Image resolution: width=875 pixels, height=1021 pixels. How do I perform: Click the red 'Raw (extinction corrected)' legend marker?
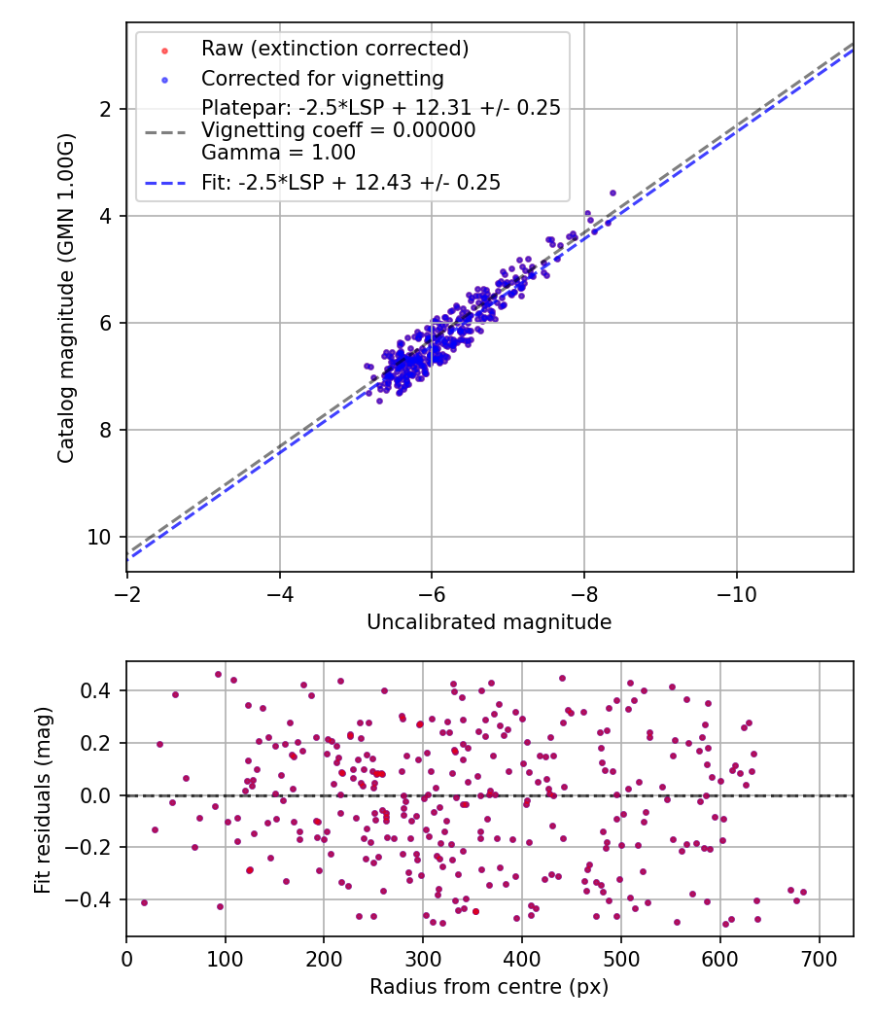point(164,50)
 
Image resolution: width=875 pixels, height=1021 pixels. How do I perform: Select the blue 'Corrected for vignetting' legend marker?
point(164,79)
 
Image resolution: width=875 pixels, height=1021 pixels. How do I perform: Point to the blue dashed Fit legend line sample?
point(164,182)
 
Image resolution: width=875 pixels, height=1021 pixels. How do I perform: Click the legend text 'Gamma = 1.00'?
point(278,153)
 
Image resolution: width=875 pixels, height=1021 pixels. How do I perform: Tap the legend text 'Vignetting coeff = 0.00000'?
point(338,130)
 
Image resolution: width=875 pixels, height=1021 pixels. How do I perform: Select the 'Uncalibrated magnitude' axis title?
point(489,622)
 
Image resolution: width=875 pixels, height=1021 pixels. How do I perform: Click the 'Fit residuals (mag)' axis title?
point(44,799)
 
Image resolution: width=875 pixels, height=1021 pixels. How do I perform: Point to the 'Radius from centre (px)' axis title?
point(489,987)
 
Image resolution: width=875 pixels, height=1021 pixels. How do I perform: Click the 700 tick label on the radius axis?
point(819,959)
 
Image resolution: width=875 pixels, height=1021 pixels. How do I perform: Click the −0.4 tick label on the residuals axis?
point(93,899)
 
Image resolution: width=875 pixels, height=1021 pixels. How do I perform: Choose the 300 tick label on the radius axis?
point(423,959)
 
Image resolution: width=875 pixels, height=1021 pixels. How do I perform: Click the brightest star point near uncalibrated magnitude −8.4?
point(612,193)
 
